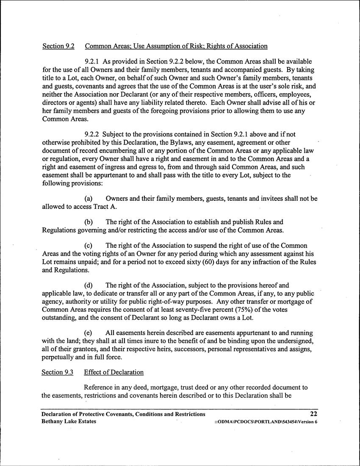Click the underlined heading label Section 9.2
(58, 46)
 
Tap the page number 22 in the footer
(314, 414)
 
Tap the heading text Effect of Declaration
(114, 372)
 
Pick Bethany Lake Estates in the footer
(69, 422)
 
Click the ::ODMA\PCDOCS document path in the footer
(266, 422)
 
